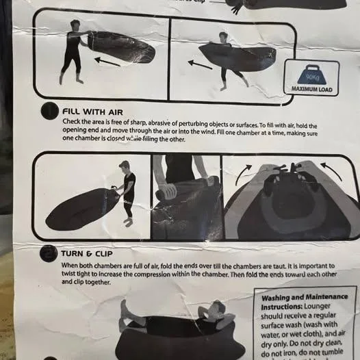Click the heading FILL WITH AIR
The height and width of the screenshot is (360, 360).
92,110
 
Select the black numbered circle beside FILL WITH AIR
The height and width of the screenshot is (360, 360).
48,111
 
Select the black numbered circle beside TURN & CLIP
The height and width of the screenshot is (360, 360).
48,255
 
